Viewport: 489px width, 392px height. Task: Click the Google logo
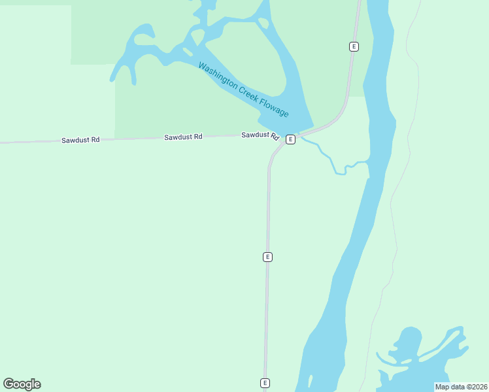coord(22,384)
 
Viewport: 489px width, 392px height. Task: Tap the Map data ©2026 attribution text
coord(461,387)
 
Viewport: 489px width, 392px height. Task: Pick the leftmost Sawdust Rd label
coord(80,140)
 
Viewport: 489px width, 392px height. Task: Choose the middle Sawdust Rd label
coord(183,137)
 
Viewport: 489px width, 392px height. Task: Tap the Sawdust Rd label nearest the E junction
coord(260,135)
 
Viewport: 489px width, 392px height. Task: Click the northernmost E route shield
coord(354,46)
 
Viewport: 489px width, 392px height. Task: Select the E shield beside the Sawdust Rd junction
coord(290,139)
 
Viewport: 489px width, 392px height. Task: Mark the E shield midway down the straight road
coord(267,257)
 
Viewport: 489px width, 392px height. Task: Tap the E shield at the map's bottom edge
coord(265,383)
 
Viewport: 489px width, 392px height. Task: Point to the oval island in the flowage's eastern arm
coord(263,24)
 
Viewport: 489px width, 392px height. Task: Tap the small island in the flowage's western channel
coord(188,51)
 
